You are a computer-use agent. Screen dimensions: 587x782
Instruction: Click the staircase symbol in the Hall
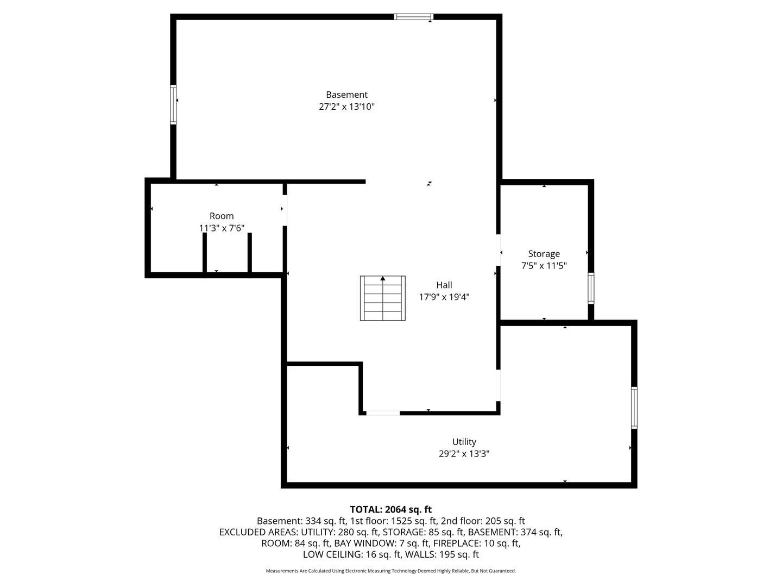pos(383,298)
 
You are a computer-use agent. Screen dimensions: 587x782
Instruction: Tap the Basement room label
pos(346,95)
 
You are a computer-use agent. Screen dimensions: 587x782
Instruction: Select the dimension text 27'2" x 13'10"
pos(346,107)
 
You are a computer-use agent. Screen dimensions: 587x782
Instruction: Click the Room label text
pos(222,216)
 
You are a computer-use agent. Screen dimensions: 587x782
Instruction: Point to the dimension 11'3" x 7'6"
pos(222,228)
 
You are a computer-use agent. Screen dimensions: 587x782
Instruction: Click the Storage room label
pos(544,254)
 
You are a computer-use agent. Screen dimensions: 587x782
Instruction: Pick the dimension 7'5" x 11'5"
pos(544,266)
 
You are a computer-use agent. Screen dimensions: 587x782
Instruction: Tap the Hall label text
pos(444,285)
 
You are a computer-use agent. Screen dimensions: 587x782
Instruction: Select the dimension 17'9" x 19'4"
pos(444,297)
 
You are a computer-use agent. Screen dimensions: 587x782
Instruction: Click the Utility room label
pos(464,442)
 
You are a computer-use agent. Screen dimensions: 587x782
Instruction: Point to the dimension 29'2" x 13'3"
pos(464,454)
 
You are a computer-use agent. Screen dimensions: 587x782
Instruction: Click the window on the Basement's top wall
pos(414,17)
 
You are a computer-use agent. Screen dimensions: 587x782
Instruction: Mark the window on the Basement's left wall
pos(173,104)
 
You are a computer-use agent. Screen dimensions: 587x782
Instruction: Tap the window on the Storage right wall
pos(591,288)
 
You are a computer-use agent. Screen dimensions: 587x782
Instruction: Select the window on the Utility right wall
pos(634,408)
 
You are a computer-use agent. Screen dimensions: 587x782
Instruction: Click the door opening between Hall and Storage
pos(498,250)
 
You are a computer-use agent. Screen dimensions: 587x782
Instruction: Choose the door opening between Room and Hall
pos(285,210)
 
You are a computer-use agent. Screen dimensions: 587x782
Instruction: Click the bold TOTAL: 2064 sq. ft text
pos(390,509)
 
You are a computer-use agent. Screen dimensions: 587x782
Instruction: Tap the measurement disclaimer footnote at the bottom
pos(390,571)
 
